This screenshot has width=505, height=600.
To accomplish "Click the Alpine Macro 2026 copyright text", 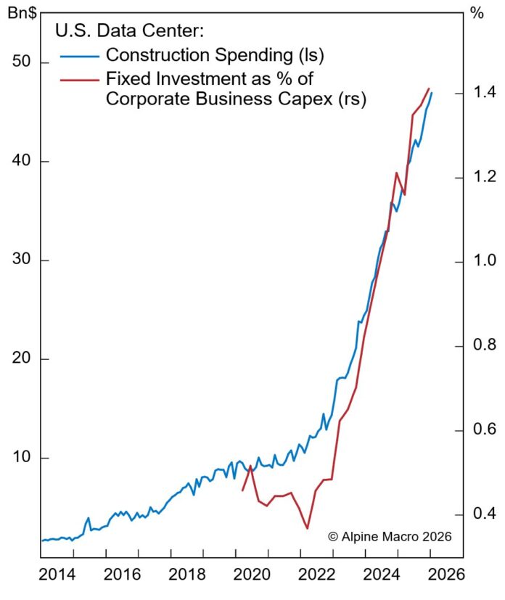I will [x=390, y=536].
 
